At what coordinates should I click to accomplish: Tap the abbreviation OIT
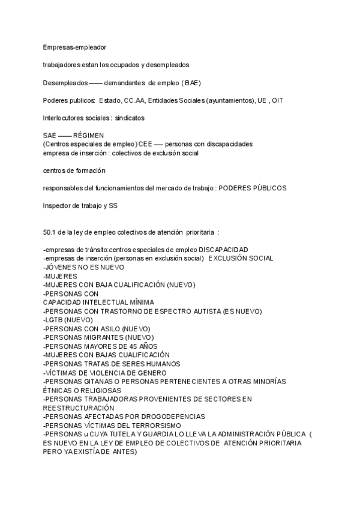pyautogui.click(x=277, y=100)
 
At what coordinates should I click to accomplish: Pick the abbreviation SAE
pyautogui.click(x=50, y=136)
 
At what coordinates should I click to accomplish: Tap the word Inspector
pyautogui.click(x=58, y=206)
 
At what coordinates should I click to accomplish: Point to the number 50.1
pyautogui.click(x=50, y=232)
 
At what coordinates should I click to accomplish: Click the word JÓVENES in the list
pyautogui.click(x=62, y=267)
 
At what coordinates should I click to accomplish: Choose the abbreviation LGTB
pyautogui.click(x=53, y=320)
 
